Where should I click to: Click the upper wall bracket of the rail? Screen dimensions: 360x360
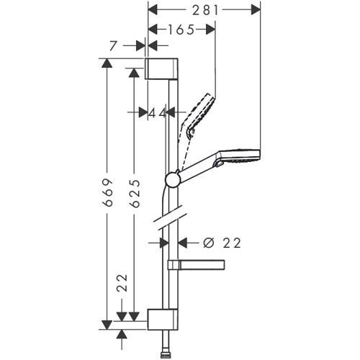point(161,68)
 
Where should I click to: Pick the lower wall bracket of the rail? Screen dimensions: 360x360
point(161,318)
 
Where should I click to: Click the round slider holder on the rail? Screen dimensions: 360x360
point(173,179)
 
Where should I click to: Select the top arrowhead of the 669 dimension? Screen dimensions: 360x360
point(107,63)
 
